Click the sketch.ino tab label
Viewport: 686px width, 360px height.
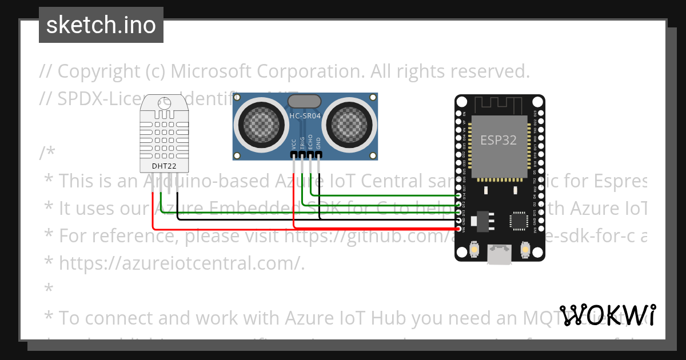point(101,25)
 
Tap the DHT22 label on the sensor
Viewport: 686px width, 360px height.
point(163,166)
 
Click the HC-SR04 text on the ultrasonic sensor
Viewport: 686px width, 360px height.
point(305,116)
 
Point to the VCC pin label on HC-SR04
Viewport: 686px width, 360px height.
point(294,143)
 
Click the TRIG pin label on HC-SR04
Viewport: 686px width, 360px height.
point(302,143)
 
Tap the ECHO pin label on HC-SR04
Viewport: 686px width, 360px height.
point(310,142)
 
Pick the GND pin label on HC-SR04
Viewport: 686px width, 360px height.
point(318,143)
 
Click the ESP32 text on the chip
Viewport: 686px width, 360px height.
point(498,140)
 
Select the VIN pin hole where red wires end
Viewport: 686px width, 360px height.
point(459,228)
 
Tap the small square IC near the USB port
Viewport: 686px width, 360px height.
point(519,219)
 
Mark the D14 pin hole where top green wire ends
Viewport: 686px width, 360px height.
point(459,195)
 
